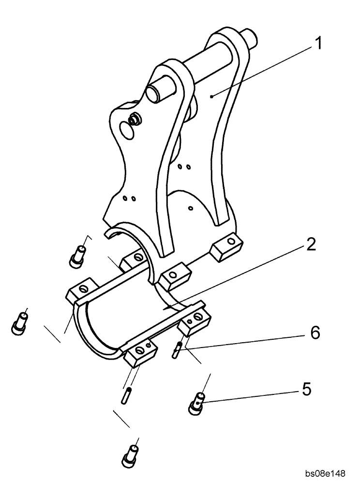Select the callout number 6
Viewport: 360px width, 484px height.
[315, 333]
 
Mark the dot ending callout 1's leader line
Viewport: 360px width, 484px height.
[212, 96]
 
